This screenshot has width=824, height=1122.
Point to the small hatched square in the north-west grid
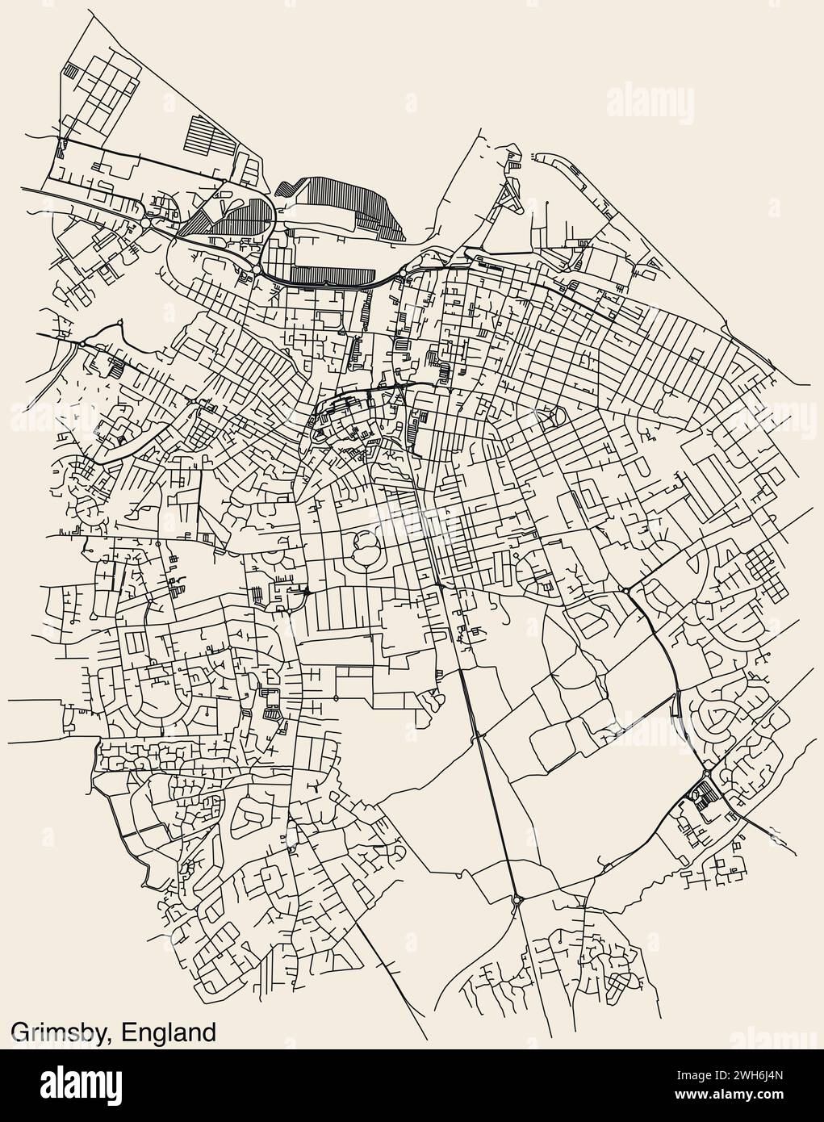click(74, 71)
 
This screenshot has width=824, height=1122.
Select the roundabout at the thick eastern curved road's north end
click(626, 592)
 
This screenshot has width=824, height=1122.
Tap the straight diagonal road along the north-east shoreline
click(702, 291)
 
